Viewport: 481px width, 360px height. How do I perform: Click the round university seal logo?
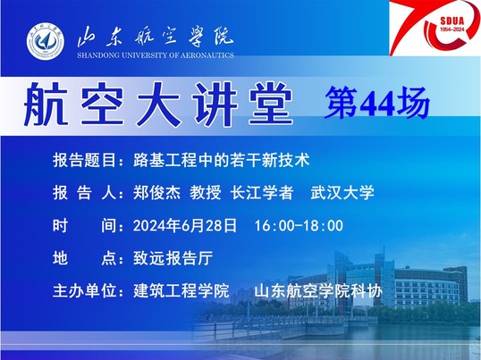pyautogui.click(x=46, y=41)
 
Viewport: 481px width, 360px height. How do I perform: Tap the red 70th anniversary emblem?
pyautogui.click(x=435, y=28)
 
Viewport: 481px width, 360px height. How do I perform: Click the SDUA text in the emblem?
pyautogui.click(x=452, y=21)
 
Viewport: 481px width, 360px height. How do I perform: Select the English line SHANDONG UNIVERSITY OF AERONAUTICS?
pyautogui.click(x=156, y=55)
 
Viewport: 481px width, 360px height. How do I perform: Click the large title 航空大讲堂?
pyautogui.click(x=158, y=105)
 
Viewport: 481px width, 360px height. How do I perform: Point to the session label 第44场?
pyautogui.click(x=377, y=103)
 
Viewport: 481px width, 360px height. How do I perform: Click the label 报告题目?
pyautogui.click(x=84, y=160)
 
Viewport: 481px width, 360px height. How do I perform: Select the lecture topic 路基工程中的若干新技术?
pyautogui.click(x=222, y=160)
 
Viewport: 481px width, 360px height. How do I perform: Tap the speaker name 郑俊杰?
pyautogui.click(x=156, y=193)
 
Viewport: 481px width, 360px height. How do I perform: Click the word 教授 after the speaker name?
pyautogui.click(x=206, y=193)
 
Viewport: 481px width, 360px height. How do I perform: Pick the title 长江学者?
pyautogui.click(x=262, y=193)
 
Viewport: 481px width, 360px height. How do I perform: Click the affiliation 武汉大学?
pyautogui.click(x=342, y=193)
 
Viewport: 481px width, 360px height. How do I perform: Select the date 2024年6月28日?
pyautogui.click(x=185, y=226)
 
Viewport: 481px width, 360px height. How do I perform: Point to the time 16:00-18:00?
pyautogui.click(x=299, y=226)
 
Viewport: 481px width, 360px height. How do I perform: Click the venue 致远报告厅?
pyautogui.click(x=173, y=258)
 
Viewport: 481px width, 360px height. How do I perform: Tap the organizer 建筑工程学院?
pyautogui.click(x=181, y=290)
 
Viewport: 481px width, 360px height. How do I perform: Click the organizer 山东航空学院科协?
pyautogui.click(x=318, y=290)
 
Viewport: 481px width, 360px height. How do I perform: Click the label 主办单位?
pyautogui.click(x=84, y=290)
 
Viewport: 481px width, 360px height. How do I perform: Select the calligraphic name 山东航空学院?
pyautogui.click(x=156, y=38)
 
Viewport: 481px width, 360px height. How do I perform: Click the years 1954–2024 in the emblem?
pyautogui.click(x=452, y=29)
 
